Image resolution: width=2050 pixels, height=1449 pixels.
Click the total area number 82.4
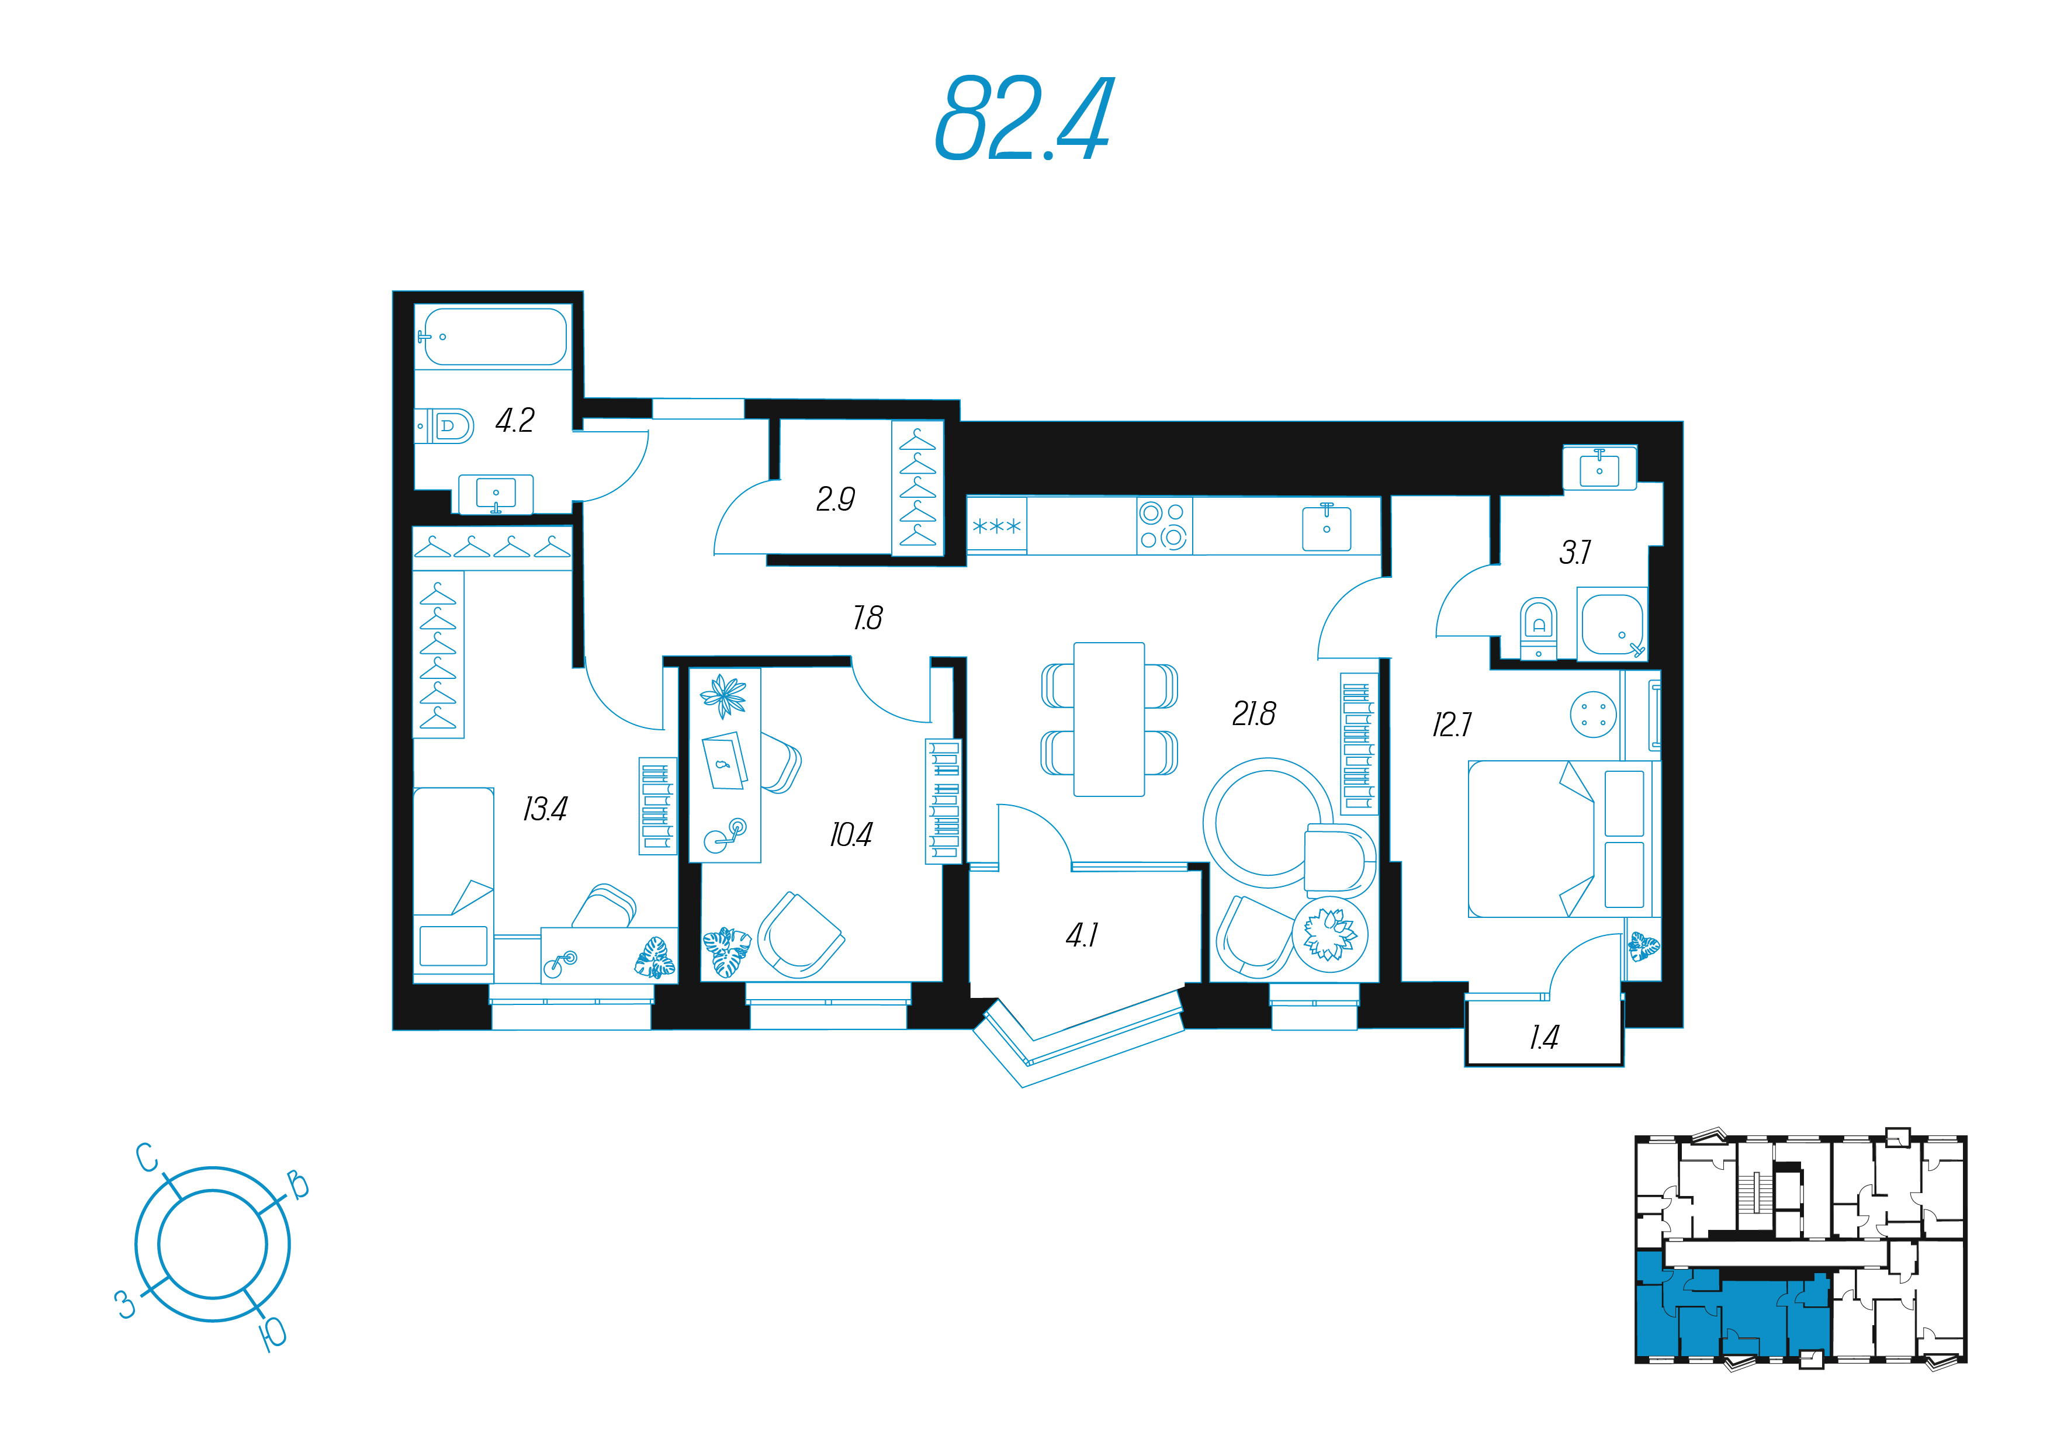point(1023,118)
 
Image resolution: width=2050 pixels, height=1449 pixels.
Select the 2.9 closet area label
point(836,498)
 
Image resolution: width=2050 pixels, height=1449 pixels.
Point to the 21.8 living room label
point(1253,713)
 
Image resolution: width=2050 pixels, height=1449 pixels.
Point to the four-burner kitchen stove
point(1164,526)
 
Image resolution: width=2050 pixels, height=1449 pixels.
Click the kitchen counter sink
point(1327,527)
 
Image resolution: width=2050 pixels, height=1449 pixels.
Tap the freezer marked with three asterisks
point(996,526)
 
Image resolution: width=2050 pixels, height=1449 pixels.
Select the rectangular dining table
point(1109,719)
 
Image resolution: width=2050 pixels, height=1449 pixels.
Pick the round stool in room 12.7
point(1593,715)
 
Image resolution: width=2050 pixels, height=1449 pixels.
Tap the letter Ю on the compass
point(273,1334)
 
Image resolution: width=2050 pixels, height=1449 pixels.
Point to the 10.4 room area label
point(851,835)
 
